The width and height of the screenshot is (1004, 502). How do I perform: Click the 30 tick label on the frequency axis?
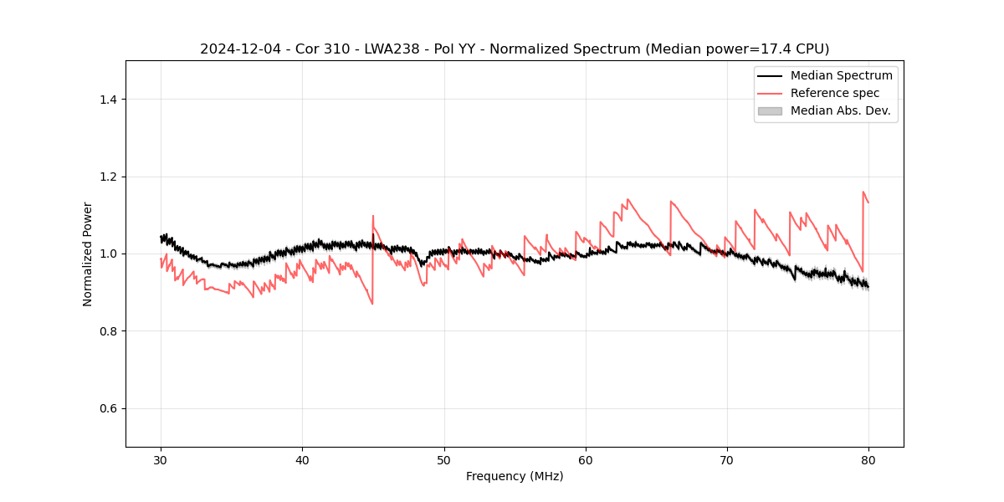(161, 459)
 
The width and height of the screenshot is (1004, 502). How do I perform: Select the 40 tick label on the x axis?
(302, 459)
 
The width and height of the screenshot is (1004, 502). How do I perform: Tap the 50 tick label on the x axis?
(444, 459)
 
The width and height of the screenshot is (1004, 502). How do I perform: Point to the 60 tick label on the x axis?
(586, 459)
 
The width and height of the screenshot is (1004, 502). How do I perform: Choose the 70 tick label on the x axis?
(727, 459)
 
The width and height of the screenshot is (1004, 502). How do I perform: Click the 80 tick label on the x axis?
(868, 459)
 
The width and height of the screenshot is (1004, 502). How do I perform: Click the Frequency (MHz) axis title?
(515, 476)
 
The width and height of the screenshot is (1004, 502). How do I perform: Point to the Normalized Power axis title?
(88, 254)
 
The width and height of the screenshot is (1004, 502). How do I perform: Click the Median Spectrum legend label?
(841, 75)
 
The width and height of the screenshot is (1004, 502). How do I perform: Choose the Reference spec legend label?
(834, 93)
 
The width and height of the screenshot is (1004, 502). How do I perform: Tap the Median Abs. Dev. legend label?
(840, 110)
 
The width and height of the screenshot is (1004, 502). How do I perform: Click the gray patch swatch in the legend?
(770, 110)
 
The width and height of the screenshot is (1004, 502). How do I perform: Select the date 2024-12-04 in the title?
(236, 49)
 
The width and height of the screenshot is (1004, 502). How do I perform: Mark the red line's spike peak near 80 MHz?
(863, 192)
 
